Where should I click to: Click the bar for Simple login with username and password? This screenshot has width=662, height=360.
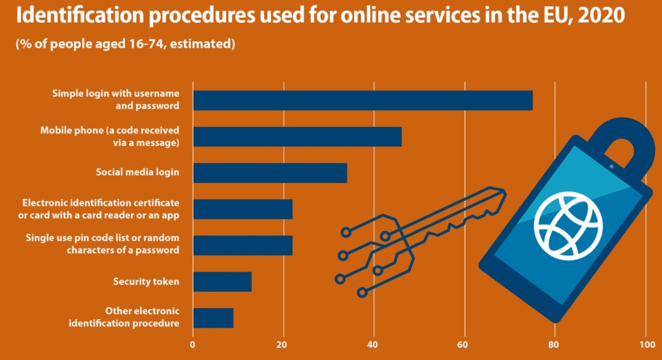(362, 100)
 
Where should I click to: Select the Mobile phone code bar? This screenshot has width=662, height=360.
(297, 136)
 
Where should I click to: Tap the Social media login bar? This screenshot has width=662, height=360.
(269, 172)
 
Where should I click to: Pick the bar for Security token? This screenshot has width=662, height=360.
(222, 282)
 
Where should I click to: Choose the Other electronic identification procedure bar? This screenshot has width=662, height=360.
(213, 318)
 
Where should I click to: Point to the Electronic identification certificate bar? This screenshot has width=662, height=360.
(242, 209)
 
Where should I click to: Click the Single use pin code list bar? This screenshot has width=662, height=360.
(242, 245)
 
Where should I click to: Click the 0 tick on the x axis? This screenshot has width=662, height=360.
(193, 344)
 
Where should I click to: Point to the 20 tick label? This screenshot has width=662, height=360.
(283, 344)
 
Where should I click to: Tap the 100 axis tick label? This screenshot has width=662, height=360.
(645, 344)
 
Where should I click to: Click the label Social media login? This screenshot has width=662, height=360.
(138, 172)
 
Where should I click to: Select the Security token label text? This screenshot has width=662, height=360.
(146, 282)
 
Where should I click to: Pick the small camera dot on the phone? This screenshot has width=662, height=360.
(611, 166)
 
